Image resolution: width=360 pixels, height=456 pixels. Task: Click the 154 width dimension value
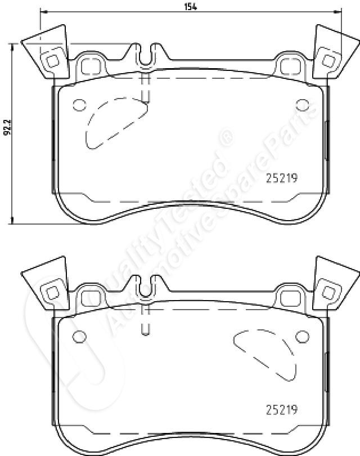tap(190, 6)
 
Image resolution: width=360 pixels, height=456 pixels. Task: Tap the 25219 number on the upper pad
tap(282, 178)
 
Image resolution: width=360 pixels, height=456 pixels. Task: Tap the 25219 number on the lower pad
tap(282, 409)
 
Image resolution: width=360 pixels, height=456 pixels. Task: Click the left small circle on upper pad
tap(79, 105)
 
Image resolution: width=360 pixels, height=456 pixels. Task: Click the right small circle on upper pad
tap(302, 105)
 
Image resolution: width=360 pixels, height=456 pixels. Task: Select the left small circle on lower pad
tap(79, 337)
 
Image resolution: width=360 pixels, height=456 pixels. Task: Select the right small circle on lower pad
tap(302, 337)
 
